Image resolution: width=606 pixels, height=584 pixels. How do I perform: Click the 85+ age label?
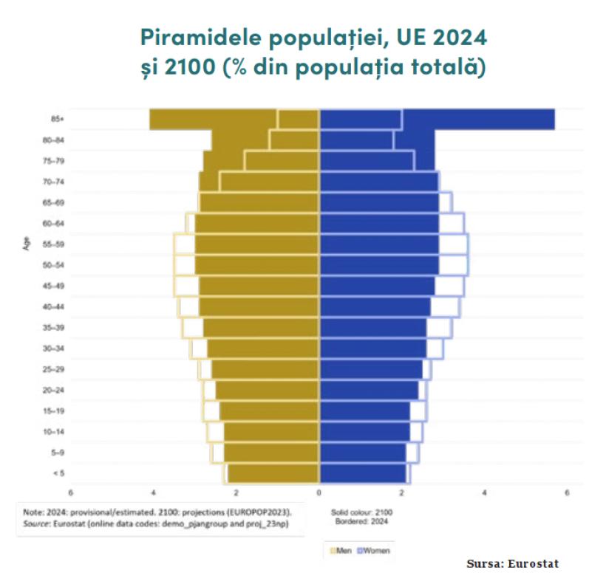point(57,119)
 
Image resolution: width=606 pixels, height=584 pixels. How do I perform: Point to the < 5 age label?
point(57,473)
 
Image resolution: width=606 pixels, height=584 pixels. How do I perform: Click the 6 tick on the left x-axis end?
point(71,492)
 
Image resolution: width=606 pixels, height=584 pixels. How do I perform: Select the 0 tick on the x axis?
point(319,492)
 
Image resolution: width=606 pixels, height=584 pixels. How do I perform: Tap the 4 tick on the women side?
point(484,492)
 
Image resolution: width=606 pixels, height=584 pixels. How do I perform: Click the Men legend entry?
point(343,550)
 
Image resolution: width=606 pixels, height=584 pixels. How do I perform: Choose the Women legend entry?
point(375,550)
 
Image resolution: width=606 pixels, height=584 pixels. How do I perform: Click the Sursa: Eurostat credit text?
point(513,564)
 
